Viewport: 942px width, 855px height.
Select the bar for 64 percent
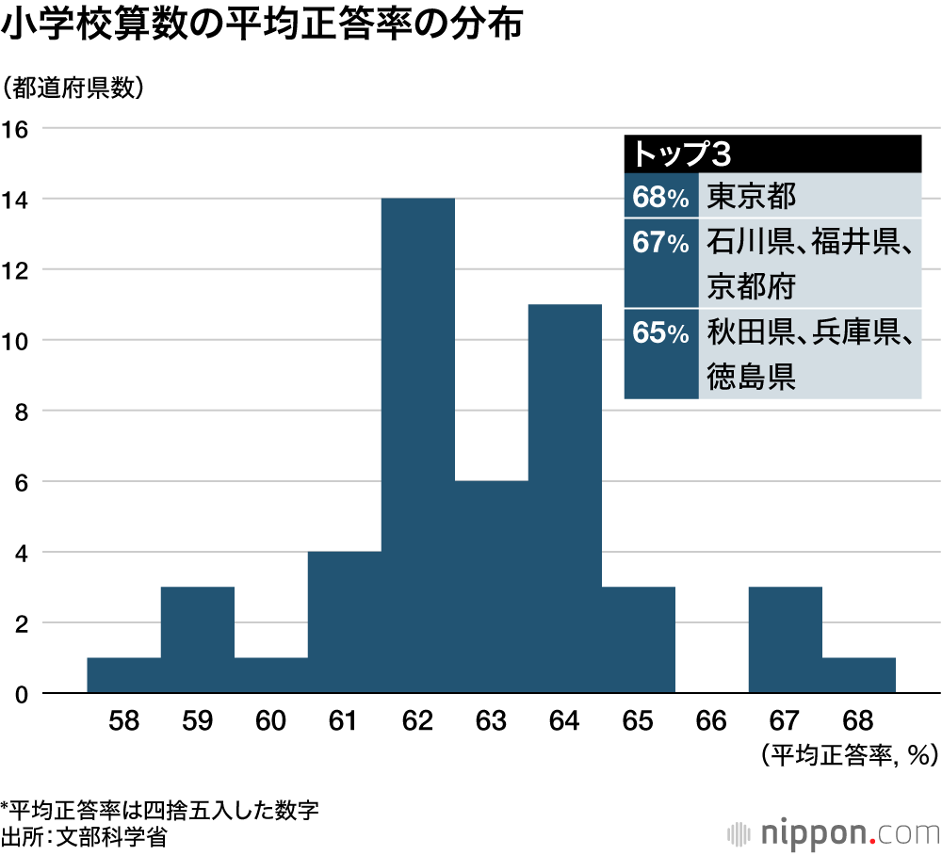564,498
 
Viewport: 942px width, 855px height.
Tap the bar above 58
123,675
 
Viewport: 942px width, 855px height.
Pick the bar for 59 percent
197,640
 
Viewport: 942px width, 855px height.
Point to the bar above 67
785,640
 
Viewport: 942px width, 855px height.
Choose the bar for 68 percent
858,675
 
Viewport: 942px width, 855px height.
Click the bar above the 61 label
344,622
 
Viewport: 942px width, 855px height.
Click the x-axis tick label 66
711,722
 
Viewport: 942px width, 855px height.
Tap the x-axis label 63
491,722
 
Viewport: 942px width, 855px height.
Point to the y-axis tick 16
18,129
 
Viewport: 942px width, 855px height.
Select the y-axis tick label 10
18,340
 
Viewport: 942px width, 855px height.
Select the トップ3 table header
772,153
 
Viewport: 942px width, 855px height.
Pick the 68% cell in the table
661,197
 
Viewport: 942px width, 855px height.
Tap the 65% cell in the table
661,333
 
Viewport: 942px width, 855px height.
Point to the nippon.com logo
835,831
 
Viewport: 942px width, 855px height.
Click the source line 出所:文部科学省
85,835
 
